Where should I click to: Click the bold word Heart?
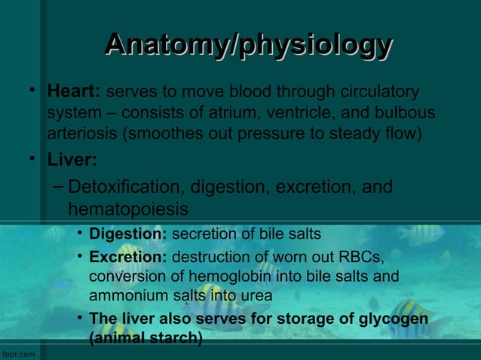coord(74,92)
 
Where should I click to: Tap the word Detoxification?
coord(126,187)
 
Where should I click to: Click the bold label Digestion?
coord(128,233)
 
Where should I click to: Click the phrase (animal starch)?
coord(146,338)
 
